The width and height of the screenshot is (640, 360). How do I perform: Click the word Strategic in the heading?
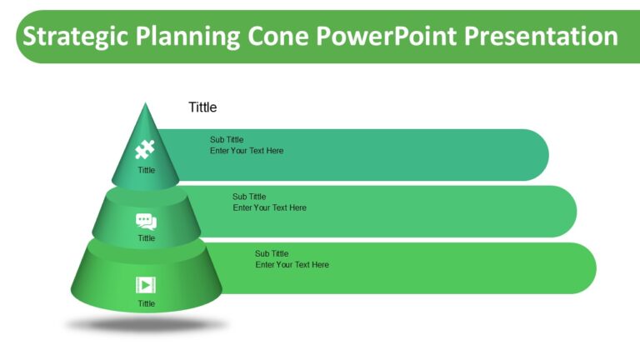pyautogui.click(x=72, y=37)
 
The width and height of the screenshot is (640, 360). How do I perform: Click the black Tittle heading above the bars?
pyautogui.click(x=202, y=107)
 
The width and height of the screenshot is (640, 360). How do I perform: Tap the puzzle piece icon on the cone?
pyautogui.click(x=146, y=150)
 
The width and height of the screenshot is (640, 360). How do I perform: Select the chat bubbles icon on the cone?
pyautogui.click(x=146, y=222)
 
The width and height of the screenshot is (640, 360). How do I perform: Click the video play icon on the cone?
pyautogui.click(x=146, y=285)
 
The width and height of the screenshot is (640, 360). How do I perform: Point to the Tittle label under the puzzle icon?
pyautogui.click(x=146, y=170)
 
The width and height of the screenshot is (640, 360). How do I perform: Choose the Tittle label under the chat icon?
pyautogui.click(x=146, y=238)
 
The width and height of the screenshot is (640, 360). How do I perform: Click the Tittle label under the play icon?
pyautogui.click(x=146, y=303)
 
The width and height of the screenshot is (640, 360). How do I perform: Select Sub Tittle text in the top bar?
pyautogui.click(x=227, y=140)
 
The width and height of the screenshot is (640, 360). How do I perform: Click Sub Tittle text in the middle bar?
pyautogui.click(x=249, y=197)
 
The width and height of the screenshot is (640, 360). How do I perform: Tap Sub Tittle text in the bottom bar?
pyautogui.click(x=272, y=253)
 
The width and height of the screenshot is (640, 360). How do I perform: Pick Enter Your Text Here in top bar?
pyautogui.click(x=247, y=151)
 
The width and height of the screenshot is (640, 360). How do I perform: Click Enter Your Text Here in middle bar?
pyautogui.click(x=269, y=207)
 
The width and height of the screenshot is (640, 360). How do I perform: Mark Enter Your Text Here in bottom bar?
pyautogui.click(x=292, y=265)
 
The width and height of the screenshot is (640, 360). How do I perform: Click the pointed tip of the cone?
pyautogui.click(x=146, y=105)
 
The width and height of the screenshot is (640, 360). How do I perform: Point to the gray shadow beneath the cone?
pyautogui.click(x=146, y=326)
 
